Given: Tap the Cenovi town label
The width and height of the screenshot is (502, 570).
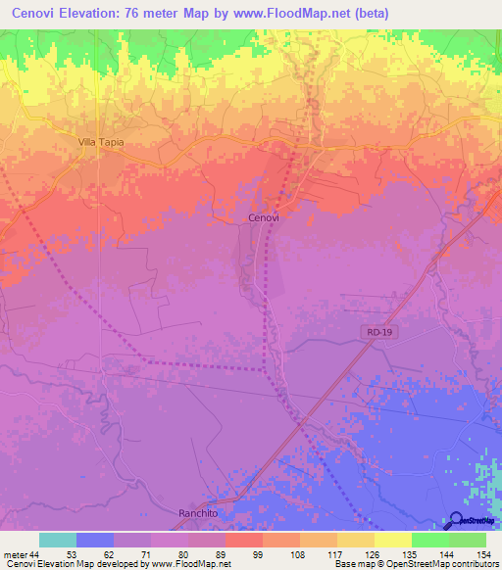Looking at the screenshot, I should [x=263, y=218].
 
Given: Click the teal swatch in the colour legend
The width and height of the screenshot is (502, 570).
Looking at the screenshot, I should [x=58, y=540].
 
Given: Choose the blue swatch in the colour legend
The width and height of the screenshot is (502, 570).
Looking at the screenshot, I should [x=95, y=540].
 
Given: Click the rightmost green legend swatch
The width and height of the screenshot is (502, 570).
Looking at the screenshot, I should [x=467, y=540].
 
